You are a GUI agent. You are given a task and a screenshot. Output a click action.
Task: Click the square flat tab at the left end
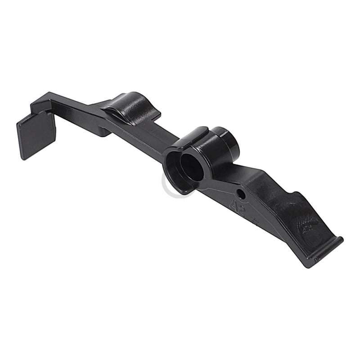point(36,134)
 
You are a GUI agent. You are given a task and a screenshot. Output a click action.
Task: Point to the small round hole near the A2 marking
point(242,195)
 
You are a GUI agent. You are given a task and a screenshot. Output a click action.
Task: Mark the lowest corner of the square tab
point(23,158)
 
